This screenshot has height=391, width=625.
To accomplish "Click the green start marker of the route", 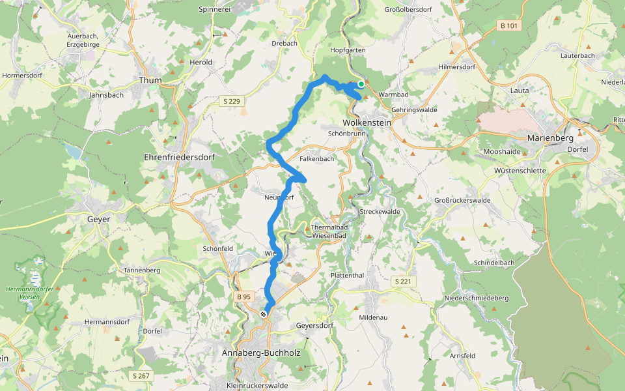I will coord(361,84).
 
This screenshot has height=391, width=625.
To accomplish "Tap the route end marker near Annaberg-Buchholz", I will coord(263,314).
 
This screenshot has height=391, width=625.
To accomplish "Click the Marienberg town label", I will coord(550,138).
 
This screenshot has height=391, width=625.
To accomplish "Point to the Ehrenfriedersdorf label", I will coord(179,158).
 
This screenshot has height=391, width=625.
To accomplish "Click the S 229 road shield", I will coord(230,100).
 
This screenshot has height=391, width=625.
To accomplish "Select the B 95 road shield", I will coord(243,297).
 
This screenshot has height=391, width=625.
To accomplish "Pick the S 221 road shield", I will coord(403,281).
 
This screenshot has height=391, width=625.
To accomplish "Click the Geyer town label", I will coord(98,220).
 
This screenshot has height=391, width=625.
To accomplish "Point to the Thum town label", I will coord(150,80).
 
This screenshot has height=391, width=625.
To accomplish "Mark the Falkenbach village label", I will coord(316,159).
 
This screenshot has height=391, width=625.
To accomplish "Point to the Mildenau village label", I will coord(374,317).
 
